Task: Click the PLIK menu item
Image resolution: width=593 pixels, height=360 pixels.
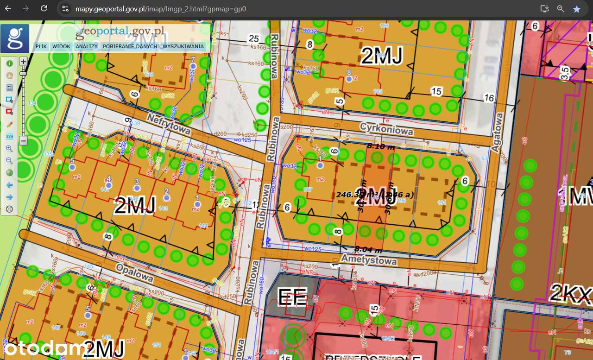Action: click(41, 46)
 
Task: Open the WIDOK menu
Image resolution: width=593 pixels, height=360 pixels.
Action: click(61, 46)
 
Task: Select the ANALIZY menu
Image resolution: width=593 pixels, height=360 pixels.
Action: click(87, 46)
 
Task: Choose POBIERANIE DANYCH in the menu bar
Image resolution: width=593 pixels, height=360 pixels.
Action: click(130, 46)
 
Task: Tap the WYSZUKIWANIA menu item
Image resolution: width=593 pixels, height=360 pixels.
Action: click(183, 46)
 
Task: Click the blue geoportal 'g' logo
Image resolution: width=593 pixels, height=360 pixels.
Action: click(15, 38)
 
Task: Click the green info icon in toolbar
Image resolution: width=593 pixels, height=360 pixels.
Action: click(9, 63)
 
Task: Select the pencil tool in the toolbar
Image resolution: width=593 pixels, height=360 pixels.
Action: click(9, 124)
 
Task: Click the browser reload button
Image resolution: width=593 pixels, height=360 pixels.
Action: click(44, 8)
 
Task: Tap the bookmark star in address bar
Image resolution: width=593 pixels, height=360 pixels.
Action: click(576, 9)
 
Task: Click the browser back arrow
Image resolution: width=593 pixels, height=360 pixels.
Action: click(8, 8)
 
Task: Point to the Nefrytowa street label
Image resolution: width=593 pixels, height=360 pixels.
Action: click(168, 125)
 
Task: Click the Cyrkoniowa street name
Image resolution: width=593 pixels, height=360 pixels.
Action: click(386, 129)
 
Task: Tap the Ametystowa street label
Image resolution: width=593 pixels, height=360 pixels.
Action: click(369, 259)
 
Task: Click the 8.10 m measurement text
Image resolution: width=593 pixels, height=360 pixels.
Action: click(381, 146)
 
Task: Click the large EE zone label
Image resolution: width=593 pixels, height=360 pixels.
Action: click(292, 297)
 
